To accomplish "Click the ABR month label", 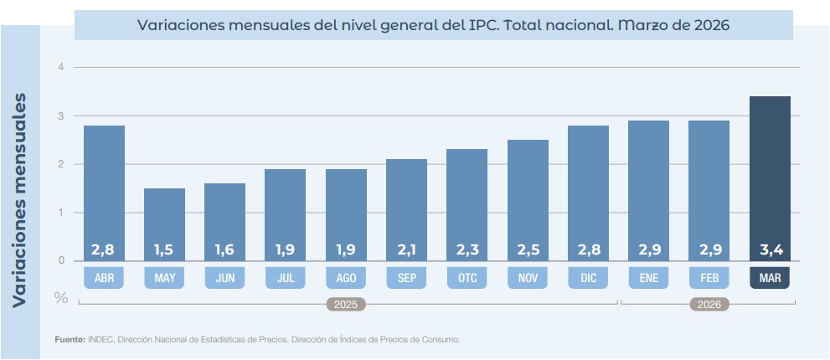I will pyautogui.click(x=104, y=278).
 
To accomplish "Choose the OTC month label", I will pyautogui.click(x=467, y=278).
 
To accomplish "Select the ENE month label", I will pyautogui.click(x=648, y=278).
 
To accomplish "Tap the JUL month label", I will pyautogui.click(x=286, y=278).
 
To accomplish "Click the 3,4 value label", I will pyautogui.click(x=770, y=249).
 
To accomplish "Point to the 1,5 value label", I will pyautogui.click(x=164, y=249).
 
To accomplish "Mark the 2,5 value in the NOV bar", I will pyautogui.click(x=528, y=249).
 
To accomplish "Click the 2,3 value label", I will pyautogui.click(x=467, y=249).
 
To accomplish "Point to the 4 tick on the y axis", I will pyautogui.click(x=60, y=67).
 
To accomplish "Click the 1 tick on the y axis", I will pyautogui.click(x=60, y=213).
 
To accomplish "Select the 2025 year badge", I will pyautogui.click(x=346, y=305).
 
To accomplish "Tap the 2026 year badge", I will pyautogui.click(x=709, y=305).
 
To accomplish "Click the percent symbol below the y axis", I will pyautogui.click(x=61, y=297).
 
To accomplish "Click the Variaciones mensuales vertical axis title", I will pyautogui.click(x=20, y=198).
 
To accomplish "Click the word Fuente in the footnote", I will pyautogui.click(x=70, y=340).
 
